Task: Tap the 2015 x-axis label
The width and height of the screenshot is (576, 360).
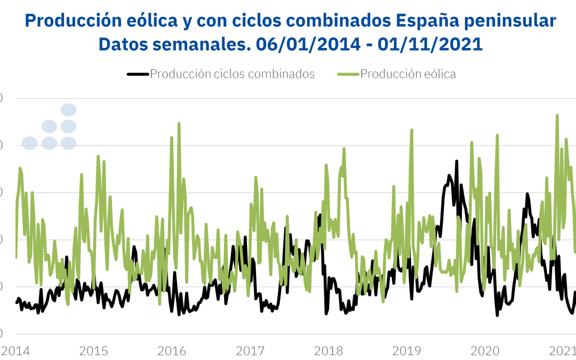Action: coord(93,351)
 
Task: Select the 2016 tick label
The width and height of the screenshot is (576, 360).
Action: coord(172,351)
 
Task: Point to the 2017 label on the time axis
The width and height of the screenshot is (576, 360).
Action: coord(251,351)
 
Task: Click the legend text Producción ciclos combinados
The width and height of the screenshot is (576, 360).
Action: coord(232,74)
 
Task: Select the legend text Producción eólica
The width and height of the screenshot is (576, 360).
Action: coord(408,74)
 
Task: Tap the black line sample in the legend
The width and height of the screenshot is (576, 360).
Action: coord(138,74)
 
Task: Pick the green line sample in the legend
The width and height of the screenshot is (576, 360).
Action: coord(348,74)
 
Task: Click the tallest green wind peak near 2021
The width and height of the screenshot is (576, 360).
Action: coord(557,115)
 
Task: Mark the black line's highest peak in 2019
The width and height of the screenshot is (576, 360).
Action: coord(457,161)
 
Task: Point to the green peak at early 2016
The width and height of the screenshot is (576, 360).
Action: coord(179,123)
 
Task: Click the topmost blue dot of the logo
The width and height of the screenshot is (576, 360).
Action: coord(68,110)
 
